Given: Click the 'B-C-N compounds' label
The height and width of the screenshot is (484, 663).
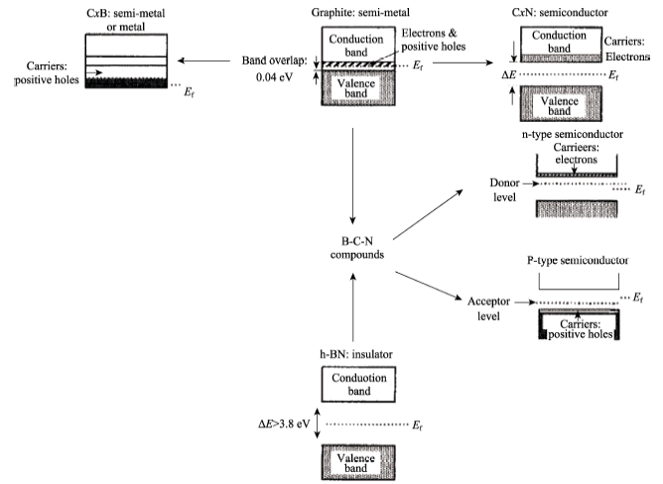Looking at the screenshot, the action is [357, 248].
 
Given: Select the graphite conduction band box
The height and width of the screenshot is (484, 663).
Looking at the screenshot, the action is [358, 46].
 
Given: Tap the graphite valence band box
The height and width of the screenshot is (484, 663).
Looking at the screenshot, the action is [358, 88].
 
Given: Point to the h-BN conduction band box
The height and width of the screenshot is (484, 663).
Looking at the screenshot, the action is [358, 384].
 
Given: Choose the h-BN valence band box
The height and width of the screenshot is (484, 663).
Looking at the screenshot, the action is [358, 462].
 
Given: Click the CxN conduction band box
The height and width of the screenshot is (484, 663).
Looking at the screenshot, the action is [561, 45].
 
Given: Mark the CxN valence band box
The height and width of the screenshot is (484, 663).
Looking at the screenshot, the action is [561, 103].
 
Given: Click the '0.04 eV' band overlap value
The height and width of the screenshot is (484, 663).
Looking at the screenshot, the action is [274, 77].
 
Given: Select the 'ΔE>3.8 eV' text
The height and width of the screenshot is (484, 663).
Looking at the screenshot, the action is [284, 423].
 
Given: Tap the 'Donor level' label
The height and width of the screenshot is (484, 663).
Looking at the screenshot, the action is [504, 189].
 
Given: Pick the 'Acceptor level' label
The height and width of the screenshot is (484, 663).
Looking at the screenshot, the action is [488, 308].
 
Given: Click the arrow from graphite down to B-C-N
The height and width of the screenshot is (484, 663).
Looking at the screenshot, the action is [352, 176].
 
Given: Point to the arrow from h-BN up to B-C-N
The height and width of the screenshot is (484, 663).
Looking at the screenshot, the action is [353, 306].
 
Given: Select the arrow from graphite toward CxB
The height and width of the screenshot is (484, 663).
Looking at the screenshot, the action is [203, 60].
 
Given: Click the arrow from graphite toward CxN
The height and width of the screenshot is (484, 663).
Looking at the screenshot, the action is [463, 63].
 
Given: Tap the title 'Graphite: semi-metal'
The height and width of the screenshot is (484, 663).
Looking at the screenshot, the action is [360, 13].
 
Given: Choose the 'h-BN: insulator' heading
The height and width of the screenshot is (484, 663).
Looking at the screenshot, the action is [356, 354].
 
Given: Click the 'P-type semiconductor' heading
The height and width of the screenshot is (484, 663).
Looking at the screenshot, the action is [578, 261].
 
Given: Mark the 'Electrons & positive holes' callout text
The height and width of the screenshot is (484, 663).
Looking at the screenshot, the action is [434, 40].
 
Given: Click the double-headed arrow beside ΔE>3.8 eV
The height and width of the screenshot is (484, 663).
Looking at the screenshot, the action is [318, 423].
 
